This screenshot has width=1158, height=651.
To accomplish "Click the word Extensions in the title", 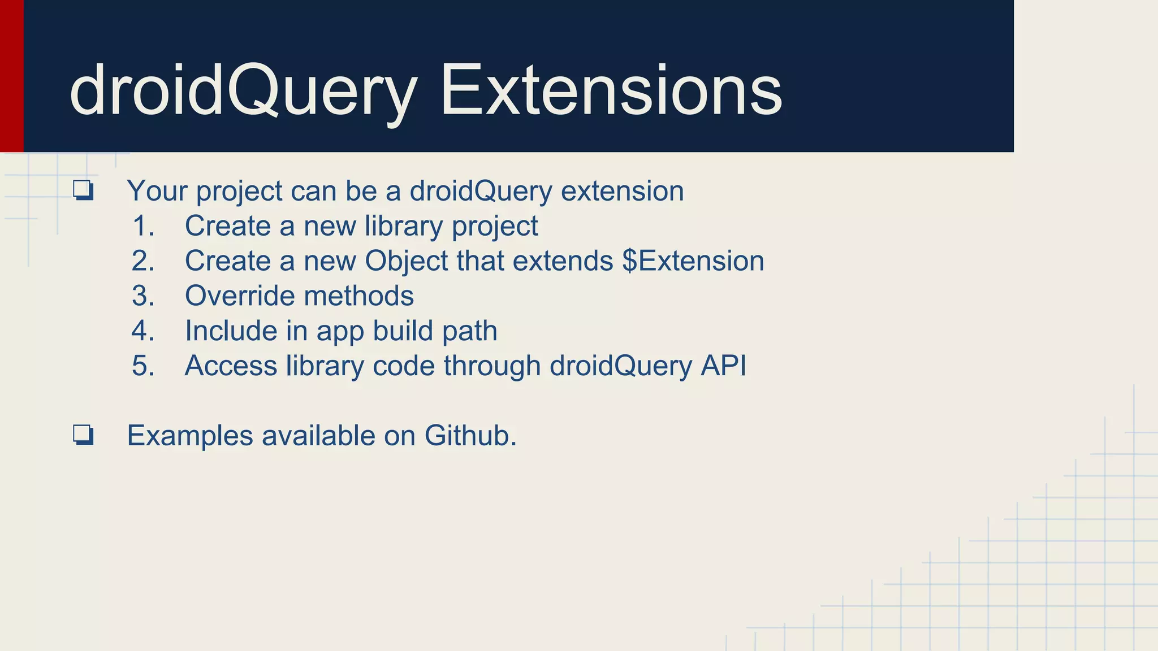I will click(611, 90).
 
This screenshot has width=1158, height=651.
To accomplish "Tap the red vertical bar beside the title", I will click(11, 76).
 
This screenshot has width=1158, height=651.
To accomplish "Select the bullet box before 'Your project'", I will click(83, 190).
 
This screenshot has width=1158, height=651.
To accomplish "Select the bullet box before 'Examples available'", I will click(83, 435).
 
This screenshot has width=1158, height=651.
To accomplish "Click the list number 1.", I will click(143, 226).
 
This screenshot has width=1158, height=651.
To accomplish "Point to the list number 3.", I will click(143, 296).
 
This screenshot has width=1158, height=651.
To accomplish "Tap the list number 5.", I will click(143, 366).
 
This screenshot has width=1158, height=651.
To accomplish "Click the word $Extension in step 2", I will click(693, 261).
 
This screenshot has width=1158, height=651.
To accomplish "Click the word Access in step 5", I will click(231, 366).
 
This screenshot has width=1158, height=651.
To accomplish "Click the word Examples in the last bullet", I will click(190, 436).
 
